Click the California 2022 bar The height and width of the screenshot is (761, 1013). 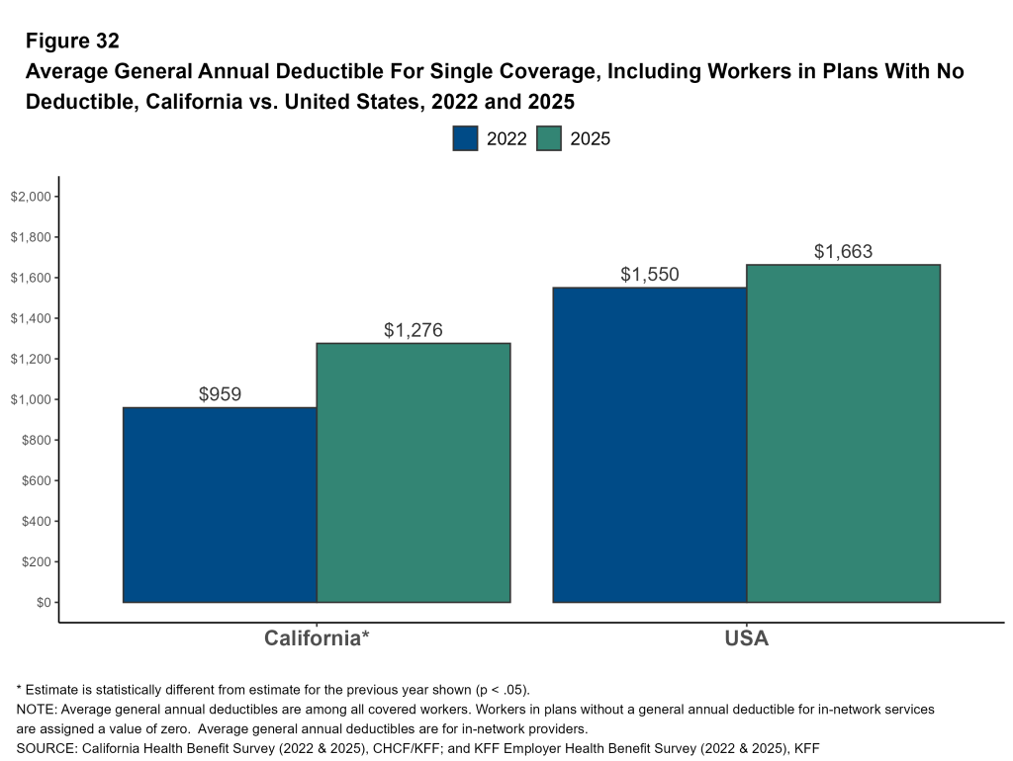coord(220,504)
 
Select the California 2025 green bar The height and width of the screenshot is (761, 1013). coord(414,472)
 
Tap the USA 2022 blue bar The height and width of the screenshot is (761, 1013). coord(649,445)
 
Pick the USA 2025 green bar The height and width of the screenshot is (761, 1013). coord(843,433)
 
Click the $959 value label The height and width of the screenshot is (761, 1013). coord(220,394)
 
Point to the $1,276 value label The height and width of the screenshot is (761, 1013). coord(414,330)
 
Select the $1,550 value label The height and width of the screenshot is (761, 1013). coord(650,275)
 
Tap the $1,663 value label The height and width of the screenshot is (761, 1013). coord(843,252)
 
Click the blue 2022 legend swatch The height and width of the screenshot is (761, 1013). coord(465,138)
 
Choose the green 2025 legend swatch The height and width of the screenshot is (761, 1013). coord(549,138)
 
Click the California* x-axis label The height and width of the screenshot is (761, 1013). coord(317,638)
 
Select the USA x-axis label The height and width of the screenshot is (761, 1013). coord(746,638)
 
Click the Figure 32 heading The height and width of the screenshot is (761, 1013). coord(72,42)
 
